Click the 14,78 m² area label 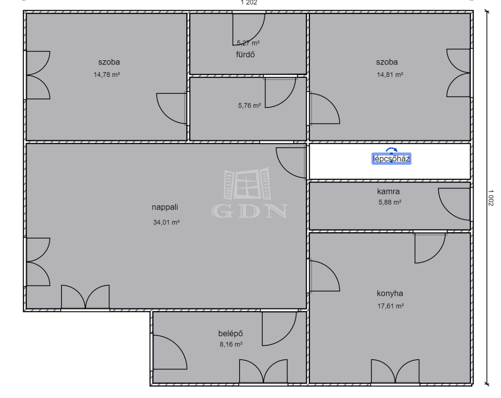coord(106,75)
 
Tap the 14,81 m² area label coord(390,75)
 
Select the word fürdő coord(245,54)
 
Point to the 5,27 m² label coord(248,43)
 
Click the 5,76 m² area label coord(249,106)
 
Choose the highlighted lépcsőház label coord(391,159)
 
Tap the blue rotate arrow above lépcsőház coord(391,150)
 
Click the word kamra coord(388,192)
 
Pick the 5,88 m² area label coord(390,203)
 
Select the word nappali coord(165,207)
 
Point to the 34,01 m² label coord(166,222)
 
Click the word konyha coord(390,293)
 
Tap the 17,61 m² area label coord(390,306)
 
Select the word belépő coord(231,333)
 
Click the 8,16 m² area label coord(231,344)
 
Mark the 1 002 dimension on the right coord(490,198)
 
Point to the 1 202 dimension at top coord(249,3)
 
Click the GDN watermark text coord(250,211)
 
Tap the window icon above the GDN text coord(247,183)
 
